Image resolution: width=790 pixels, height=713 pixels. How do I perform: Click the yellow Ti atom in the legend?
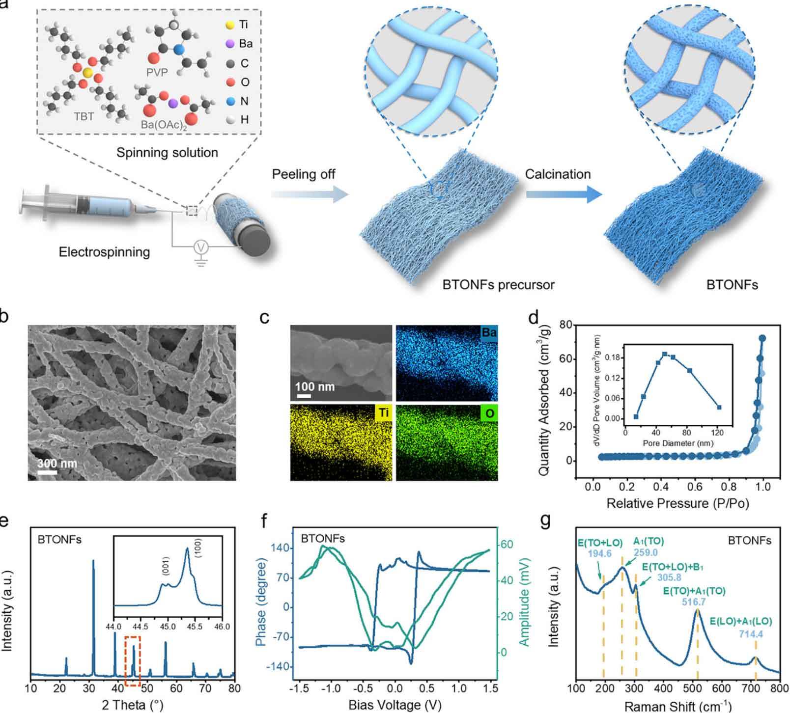(230, 25)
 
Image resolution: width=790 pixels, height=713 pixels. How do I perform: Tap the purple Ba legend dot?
(230, 44)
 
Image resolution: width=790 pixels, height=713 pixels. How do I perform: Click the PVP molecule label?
(157, 73)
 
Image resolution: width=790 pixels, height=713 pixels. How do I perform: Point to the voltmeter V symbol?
(200, 248)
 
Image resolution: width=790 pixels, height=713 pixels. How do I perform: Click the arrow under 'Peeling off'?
(309, 194)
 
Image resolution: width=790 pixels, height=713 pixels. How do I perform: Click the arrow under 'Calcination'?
(564, 194)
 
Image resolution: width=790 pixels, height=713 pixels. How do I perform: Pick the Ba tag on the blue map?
(489, 333)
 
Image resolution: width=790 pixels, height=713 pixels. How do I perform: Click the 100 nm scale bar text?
(314, 387)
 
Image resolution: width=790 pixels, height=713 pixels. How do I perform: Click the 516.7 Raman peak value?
(695, 603)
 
